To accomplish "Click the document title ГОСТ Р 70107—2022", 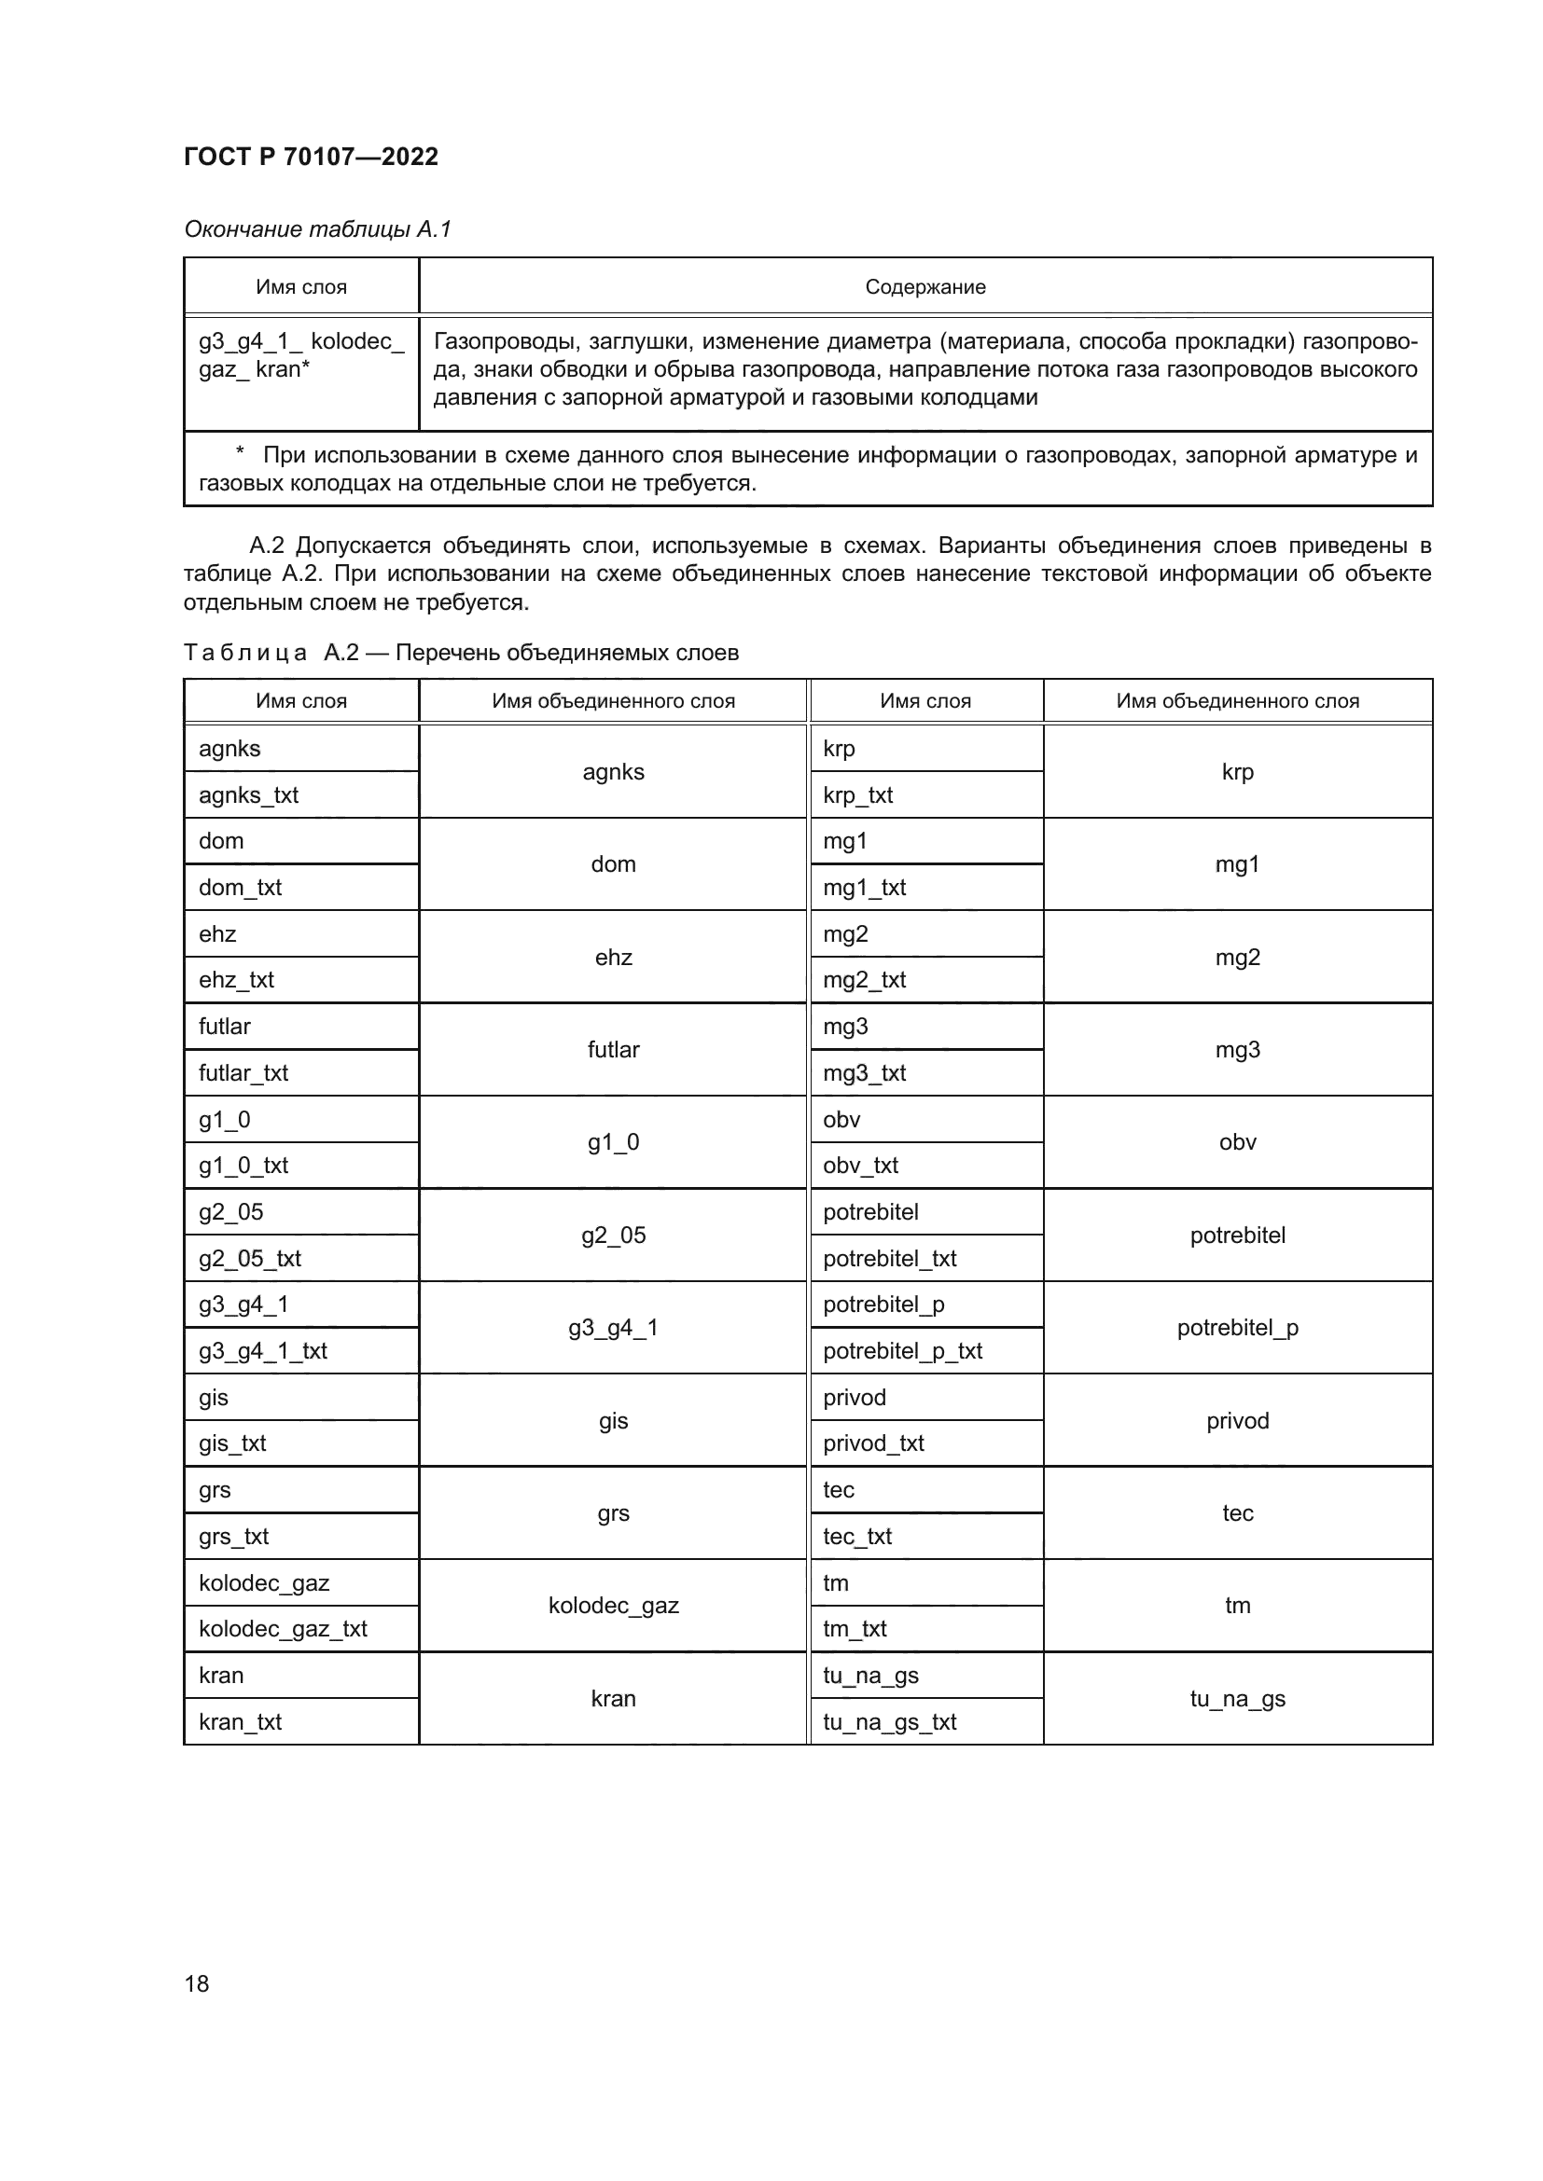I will pyautogui.click(x=311, y=157).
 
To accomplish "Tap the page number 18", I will pyautogui.click(x=197, y=1983).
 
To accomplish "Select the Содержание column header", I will pyautogui.click(x=924, y=287).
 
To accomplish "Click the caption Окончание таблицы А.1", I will pyautogui.click(x=317, y=229).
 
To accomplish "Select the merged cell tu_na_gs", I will pyautogui.click(x=1237, y=1698).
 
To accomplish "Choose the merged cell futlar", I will pyautogui.click(x=613, y=1050).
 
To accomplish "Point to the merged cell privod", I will pyautogui.click(x=1237, y=1421).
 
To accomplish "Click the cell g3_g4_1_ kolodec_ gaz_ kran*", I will pyautogui.click(x=300, y=355).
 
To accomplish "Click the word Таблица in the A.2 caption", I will pyautogui.click(x=244, y=653).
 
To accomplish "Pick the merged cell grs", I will pyautogui.click(x=613, y=1513).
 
